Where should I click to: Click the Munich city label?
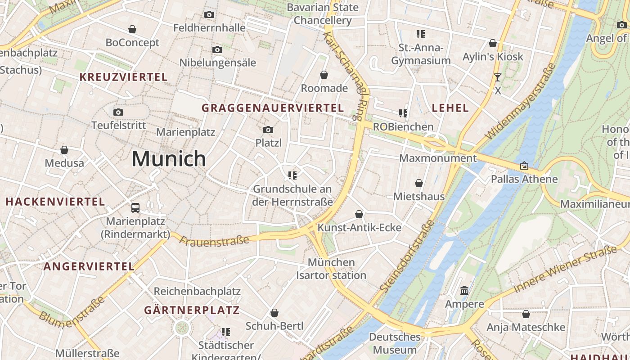coord(169,158)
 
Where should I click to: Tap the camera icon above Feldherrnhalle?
coord(209,15)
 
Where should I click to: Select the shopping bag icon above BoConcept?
coord(132,30)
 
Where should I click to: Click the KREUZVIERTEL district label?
coord(123,77)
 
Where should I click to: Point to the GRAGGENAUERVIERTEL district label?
coord(273,108)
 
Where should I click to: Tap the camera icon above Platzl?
coord(268,130)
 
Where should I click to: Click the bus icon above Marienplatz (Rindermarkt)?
coord(135,208)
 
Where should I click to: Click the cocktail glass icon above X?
coord(497,77)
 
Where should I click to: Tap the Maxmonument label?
coord(437,158)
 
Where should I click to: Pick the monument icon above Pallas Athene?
coord(524,166)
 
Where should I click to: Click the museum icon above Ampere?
coord(464,291)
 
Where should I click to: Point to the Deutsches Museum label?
coord(395,343)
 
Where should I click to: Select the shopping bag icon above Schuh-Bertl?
coord(274,313)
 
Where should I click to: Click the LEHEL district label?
coord(450,108)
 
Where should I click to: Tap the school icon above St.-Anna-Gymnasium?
coord(421,34)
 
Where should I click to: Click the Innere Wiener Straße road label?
coord(565,270)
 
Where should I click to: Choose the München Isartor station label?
coord(331,269)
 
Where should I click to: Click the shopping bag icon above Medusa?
coord(64,150)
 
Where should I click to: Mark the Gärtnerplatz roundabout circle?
coord(182,328)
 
